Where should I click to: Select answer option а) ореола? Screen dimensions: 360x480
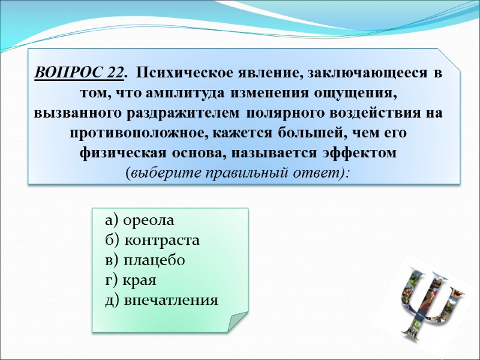[x=139, y=220]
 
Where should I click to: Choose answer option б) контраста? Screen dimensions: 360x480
[x=152, y=241]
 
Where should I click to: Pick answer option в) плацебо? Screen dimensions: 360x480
[x=145, y=260]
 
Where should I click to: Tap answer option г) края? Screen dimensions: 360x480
[x=130, y=280]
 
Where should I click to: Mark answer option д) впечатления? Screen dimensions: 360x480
[x=161, y=300]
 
